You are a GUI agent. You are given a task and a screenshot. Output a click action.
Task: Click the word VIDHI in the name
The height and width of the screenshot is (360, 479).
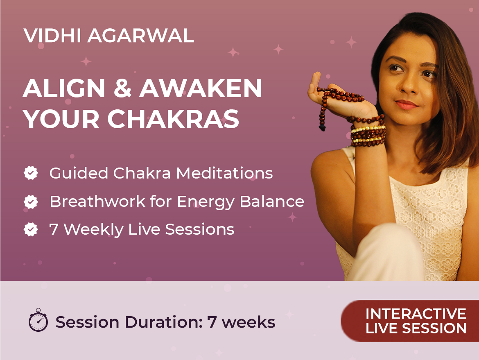[52, 36]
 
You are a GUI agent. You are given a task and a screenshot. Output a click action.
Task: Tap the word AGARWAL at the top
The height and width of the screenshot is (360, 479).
[141, 36]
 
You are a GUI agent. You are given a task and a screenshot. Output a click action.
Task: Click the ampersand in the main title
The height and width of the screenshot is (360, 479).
[122, 88]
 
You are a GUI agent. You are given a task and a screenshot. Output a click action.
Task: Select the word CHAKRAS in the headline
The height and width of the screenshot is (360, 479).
[173, 119]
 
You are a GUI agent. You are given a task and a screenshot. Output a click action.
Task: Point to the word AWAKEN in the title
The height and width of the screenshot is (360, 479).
[201, 88]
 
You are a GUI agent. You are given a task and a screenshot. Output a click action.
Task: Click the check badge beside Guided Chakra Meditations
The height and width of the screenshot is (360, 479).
[31, 173]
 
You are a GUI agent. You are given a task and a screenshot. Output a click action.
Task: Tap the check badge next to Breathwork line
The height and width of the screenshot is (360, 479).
[31, 202]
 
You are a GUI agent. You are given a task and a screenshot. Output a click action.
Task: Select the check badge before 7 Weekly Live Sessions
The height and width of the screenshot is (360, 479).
[31, 229]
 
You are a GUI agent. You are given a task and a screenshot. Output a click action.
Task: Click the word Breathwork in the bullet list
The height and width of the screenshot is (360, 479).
[97, 202]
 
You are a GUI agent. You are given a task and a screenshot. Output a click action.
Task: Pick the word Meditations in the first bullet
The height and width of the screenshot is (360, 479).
[224, 173]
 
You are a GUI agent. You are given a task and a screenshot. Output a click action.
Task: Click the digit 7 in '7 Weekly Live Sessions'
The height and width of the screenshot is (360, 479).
[54, 229]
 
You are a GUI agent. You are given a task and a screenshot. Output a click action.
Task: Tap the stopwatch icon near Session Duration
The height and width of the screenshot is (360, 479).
[38, 320]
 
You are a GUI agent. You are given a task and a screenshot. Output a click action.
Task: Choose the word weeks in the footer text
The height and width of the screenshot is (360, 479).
[249, 322]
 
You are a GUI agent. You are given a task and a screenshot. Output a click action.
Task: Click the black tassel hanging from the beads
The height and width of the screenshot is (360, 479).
[322, 127]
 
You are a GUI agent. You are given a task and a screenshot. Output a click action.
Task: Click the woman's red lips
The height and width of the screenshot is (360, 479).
[406, 104]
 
